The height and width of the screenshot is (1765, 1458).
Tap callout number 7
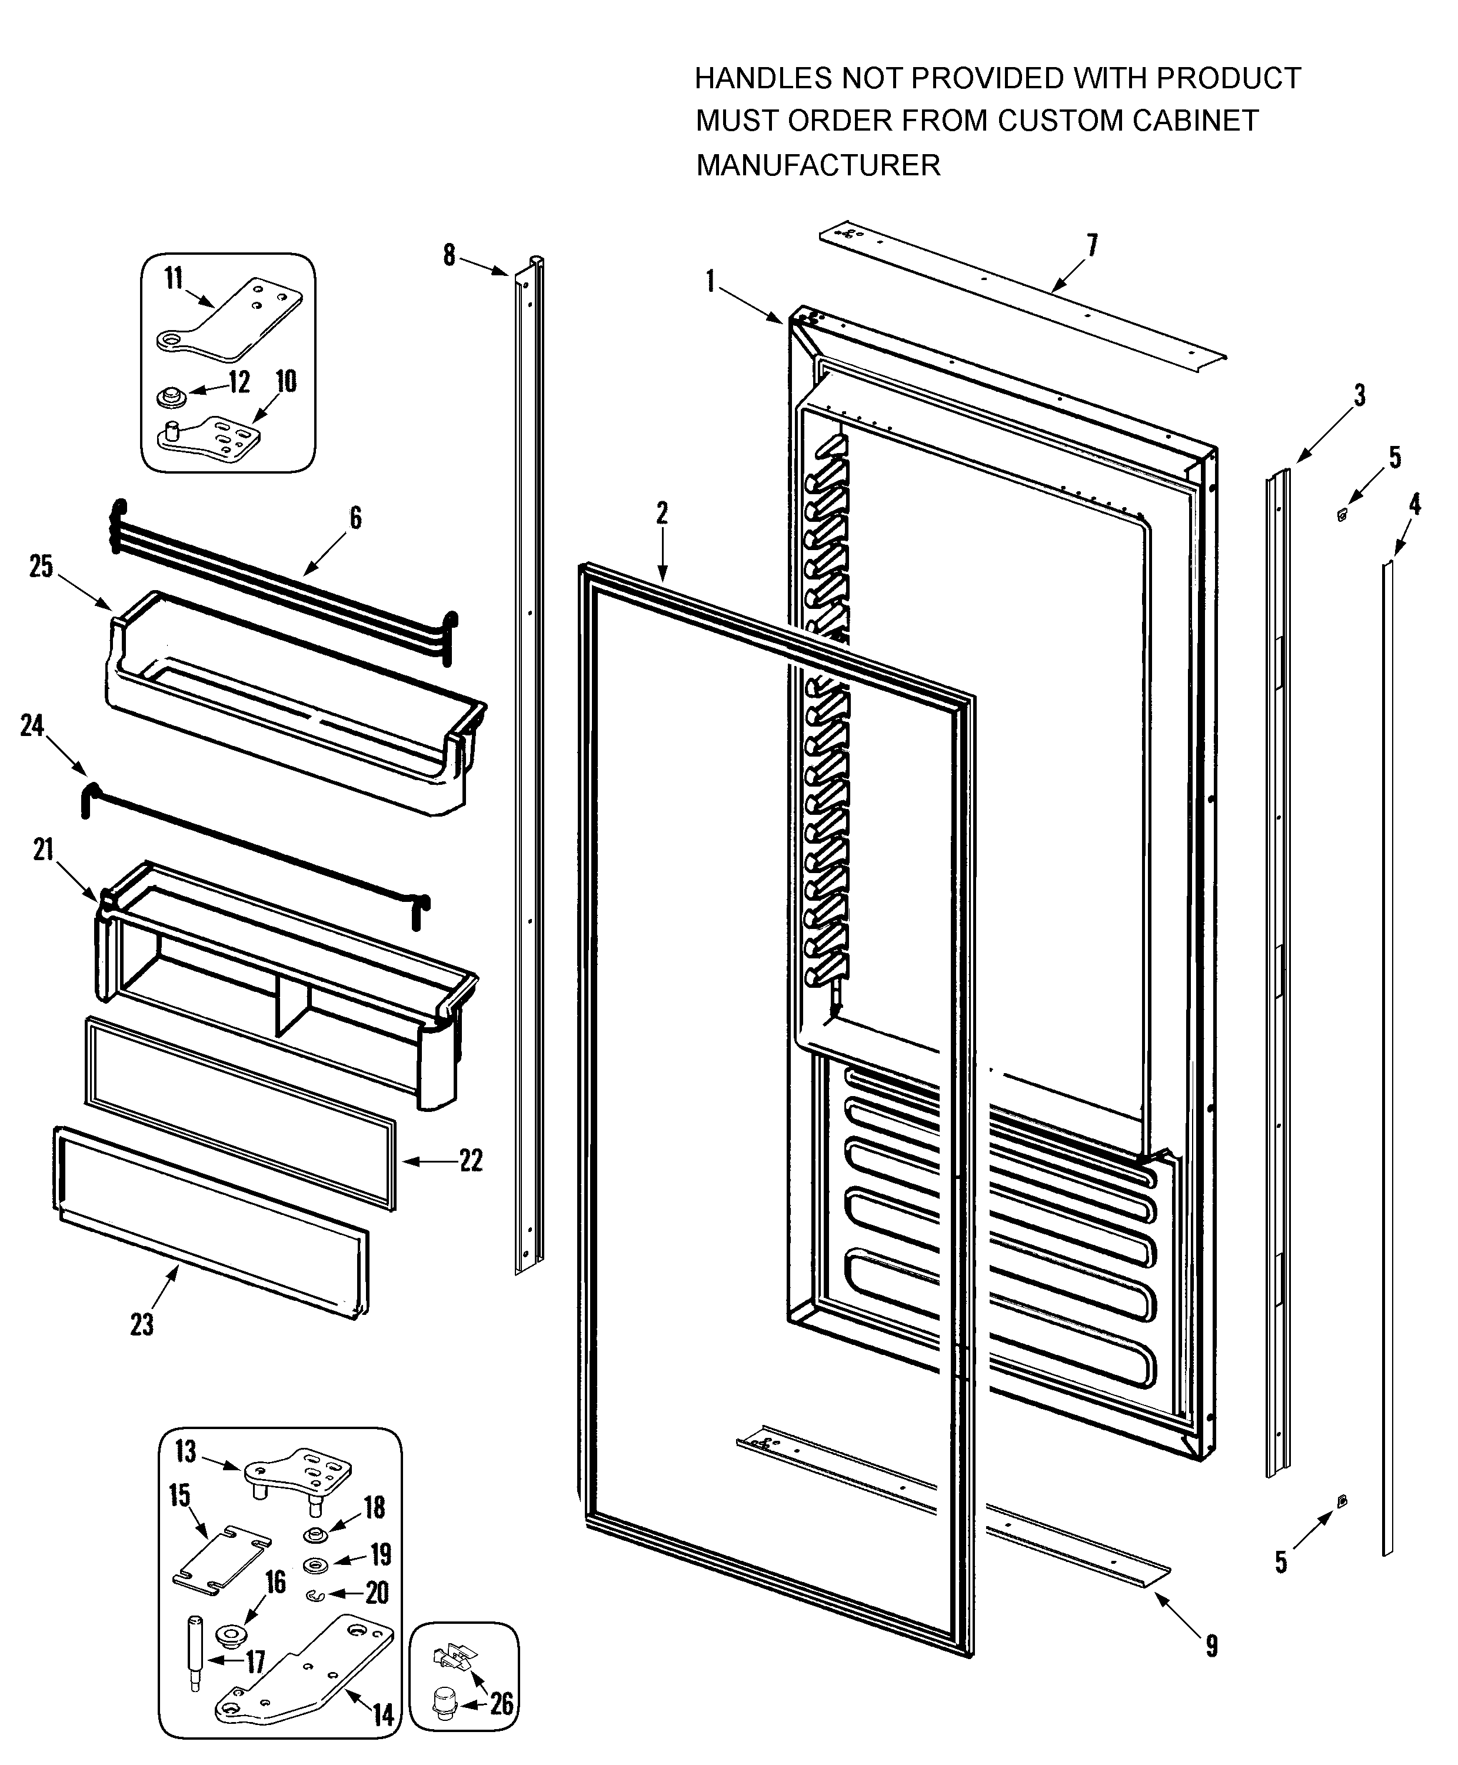[x=1092, y=245]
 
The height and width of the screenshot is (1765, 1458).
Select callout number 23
[x=142, y=1324]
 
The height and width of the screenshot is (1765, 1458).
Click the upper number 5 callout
[x=1395, y=458]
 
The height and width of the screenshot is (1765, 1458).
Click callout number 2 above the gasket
[x=662, y=513]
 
